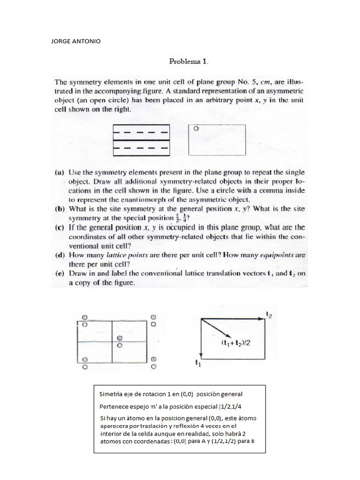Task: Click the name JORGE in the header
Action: coord(61,41)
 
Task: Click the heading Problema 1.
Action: coord(188,61)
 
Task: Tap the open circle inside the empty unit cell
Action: coord(196,127)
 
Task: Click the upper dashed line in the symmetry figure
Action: coord(141,132)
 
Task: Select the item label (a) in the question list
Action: coord(60,172)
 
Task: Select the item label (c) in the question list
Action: coord(60,227)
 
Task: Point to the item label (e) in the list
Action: coord(60,273)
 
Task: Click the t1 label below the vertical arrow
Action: coord(197,362)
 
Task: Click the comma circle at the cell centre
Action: coord(120,338)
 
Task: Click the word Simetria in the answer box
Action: coord(111,394)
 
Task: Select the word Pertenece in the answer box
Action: coord(113,406)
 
